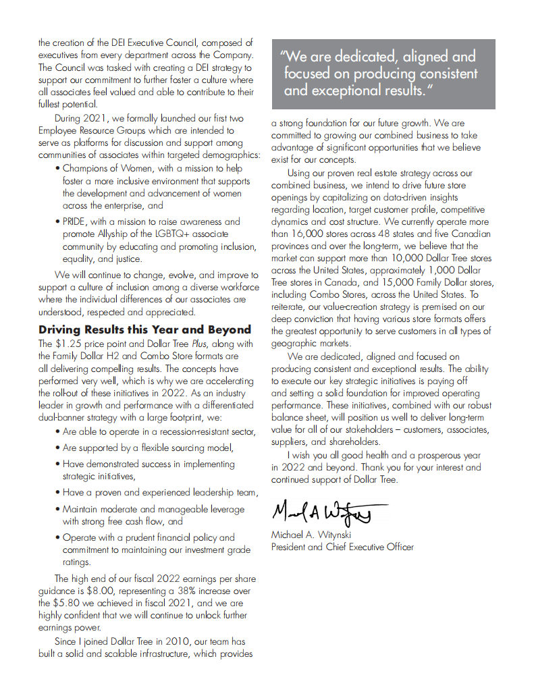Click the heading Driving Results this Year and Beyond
point(144,330)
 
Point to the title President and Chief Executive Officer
point(342,547)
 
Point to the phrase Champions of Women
point(106,169)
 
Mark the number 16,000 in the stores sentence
point(307,234)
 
